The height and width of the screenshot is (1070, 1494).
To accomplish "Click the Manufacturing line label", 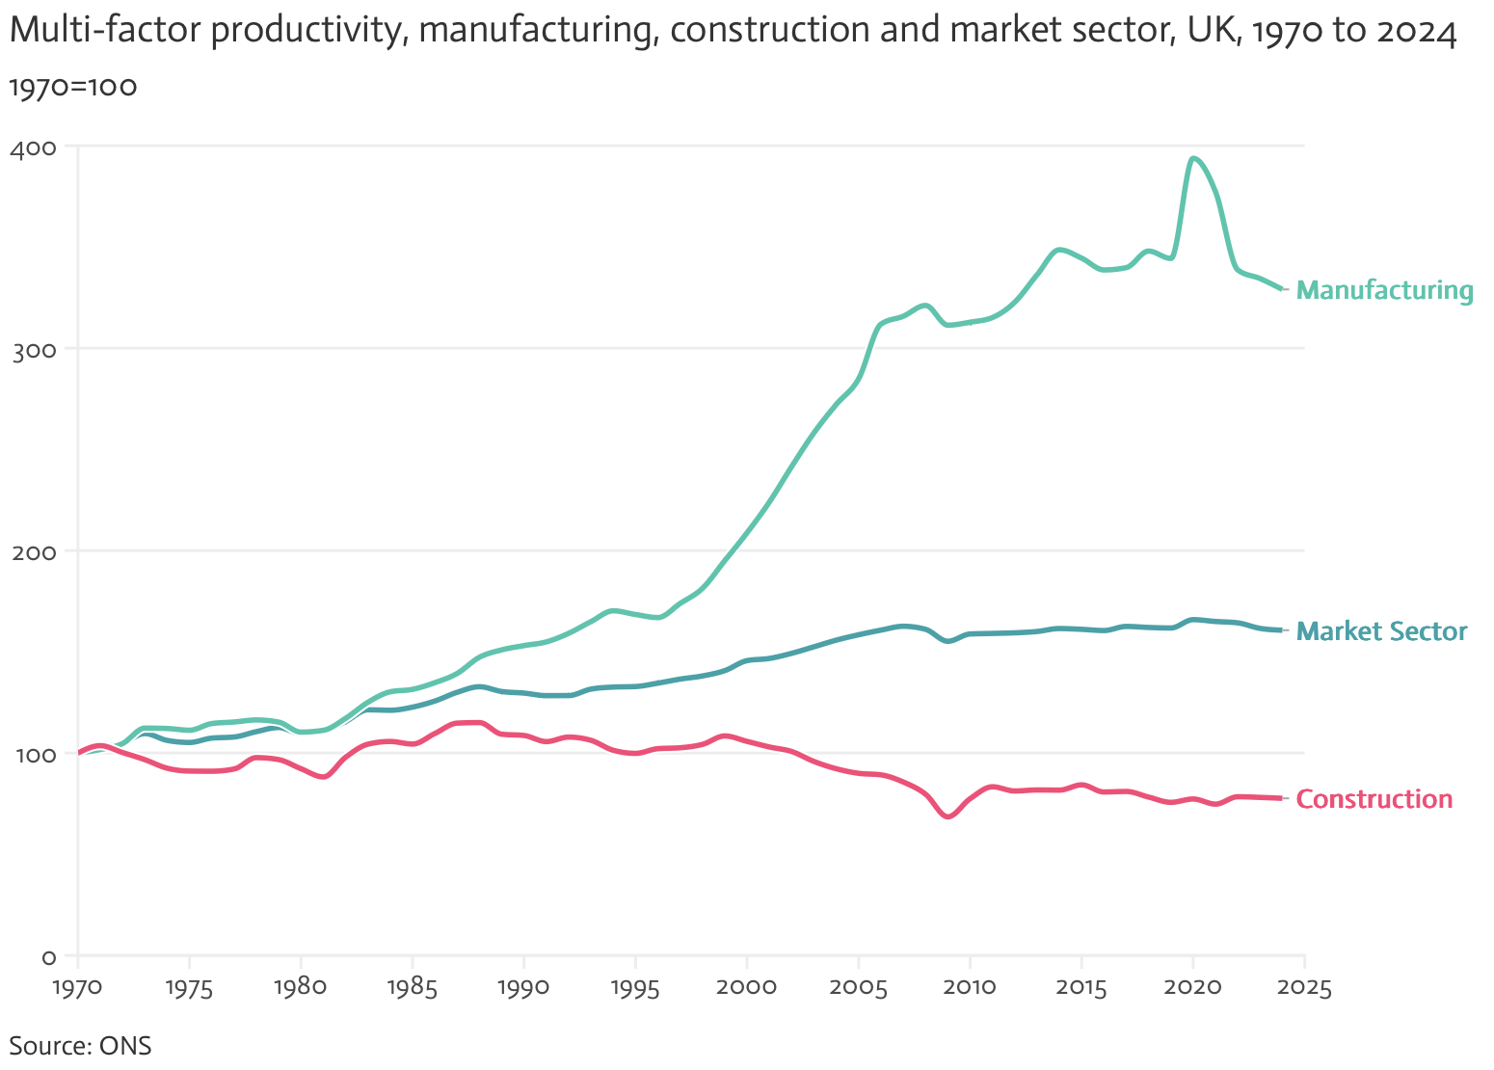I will point(1384,290).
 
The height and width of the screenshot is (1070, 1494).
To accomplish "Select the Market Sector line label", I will point(1381,631).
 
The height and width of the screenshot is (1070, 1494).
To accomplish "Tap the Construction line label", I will point(1374,799).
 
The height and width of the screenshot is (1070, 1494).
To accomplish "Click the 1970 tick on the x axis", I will point(77,988).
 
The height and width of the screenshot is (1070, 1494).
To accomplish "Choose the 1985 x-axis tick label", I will point(412,988).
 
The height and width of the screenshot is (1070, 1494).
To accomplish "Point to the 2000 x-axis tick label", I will point(746,988).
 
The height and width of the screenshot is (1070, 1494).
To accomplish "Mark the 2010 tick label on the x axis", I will point(970,988).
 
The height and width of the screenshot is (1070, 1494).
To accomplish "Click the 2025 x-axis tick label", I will point(1304,988).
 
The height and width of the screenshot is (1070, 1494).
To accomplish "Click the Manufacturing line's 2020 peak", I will point(1194,158).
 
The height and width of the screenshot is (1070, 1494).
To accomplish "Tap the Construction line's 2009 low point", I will point(948,816).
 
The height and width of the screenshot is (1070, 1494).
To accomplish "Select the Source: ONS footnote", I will point(80,1046).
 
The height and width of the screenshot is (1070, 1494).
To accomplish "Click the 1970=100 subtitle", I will point(73,87).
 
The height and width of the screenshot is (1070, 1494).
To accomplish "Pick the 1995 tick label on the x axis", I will point(635,988).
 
